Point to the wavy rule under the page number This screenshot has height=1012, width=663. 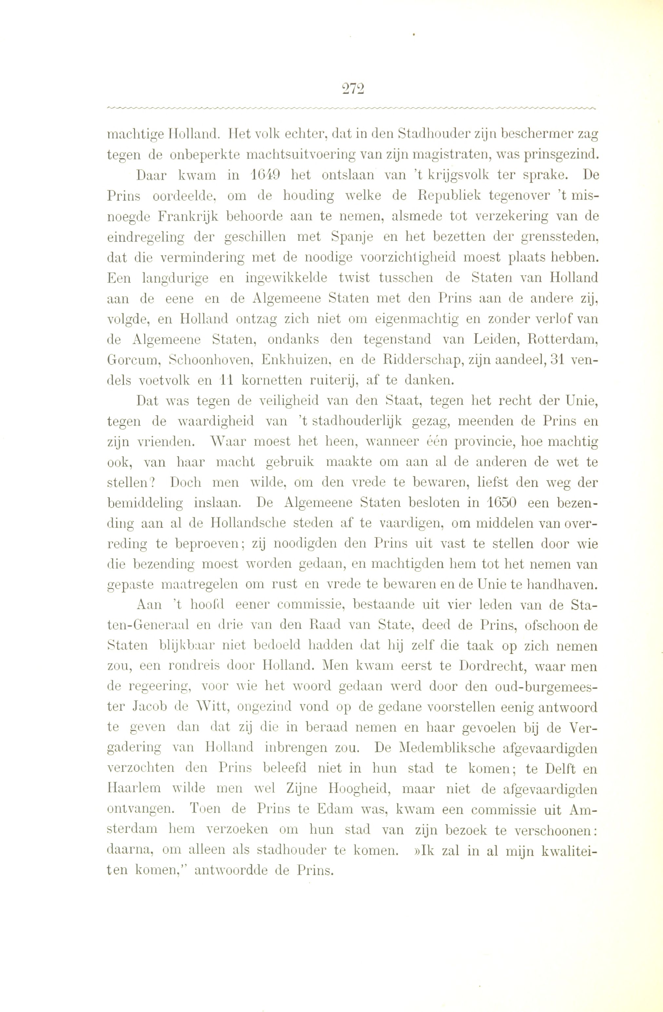(352, 108)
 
